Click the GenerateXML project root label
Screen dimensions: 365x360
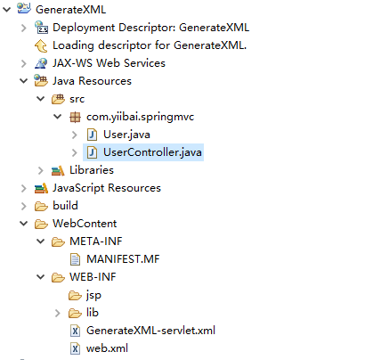[x=70, y=10]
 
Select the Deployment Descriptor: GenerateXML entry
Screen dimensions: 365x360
[x=150, y=28]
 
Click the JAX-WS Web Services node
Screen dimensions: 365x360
[x=109, y=63]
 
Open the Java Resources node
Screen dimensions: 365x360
[x=92, y=81]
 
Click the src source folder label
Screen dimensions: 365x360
[x=77, y=99]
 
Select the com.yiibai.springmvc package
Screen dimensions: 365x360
[x=140, y=117]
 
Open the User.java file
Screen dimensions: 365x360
[x=126, y=135]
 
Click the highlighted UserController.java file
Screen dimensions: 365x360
[x=152, y=152]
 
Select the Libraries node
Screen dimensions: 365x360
[x=92, y=170]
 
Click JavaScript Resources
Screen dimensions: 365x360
[x=107, y=188]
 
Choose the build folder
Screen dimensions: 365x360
[x=65, y=206]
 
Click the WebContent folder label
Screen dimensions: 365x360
[x=85, y=224]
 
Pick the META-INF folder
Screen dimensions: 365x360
[x=96, y=241]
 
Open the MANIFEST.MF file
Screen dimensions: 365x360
[x=123, y=259]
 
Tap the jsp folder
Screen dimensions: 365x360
[x=93, y=295]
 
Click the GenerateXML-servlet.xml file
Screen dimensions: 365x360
[x=150, y=331]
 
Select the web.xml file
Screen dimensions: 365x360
[x=107, y=348]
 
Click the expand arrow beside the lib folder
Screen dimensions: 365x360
[x=57, y=313]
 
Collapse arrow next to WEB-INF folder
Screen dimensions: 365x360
[x=40, y=277]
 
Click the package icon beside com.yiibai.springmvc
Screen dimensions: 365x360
[x=75, y=117]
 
